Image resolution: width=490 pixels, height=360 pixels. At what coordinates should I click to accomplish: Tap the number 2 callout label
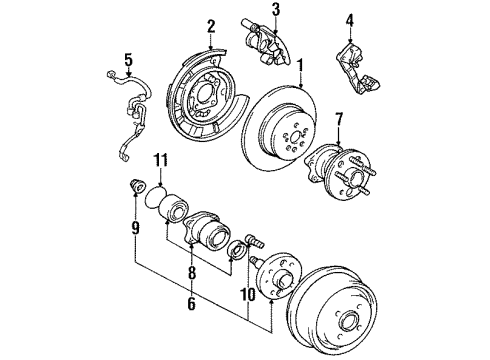tap(211, 26)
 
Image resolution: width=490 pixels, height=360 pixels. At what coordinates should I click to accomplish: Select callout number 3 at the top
tap(275, 11)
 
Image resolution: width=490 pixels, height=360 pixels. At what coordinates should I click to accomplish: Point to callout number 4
tap(350, 19)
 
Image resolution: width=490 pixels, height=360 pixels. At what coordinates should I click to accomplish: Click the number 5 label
tap(128, 58)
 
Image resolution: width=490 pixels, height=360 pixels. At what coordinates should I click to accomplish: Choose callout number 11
tap(159, 160)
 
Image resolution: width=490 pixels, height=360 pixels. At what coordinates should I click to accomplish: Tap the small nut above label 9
tap(134, 188)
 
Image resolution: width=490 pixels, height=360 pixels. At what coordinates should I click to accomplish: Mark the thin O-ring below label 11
tap(156, 200)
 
